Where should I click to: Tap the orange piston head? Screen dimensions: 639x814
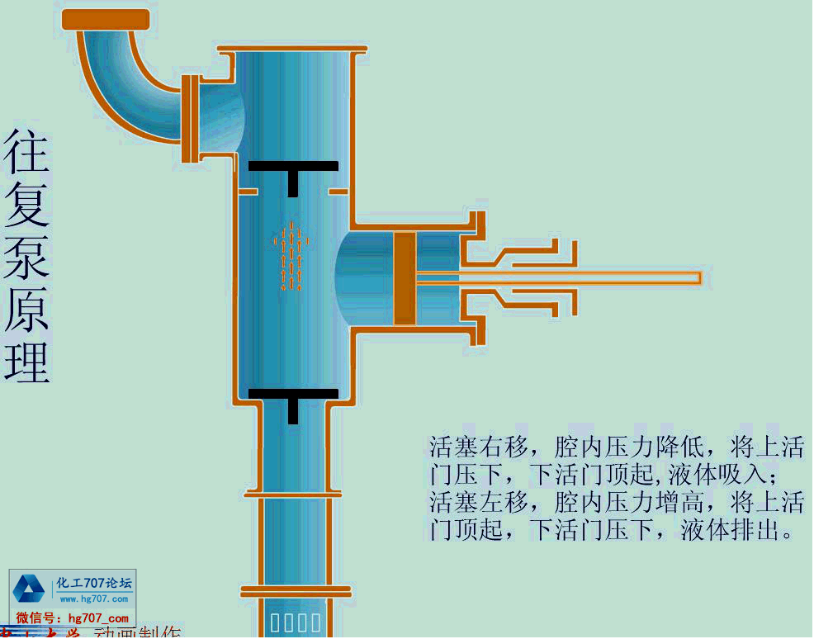pyautogui.click(x=404, y=278)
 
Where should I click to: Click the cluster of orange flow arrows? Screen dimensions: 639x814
pyautogui.click(x=291, y=256)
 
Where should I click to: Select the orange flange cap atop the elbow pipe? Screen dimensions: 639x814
pyautogui.click(x=106, y=19)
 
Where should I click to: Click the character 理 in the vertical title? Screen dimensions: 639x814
pyautogui.click(x=27, y=360)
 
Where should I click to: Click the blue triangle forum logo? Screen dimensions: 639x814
pyautogui.click(x=29, y=589)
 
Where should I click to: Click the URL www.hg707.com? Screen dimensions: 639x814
pyautogui.click(x=94, y=599)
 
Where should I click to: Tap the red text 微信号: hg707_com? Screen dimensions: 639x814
pyautogui.click(x=73, y=618)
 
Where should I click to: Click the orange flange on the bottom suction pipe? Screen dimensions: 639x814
pyautogui.click(x=295, y=591)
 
